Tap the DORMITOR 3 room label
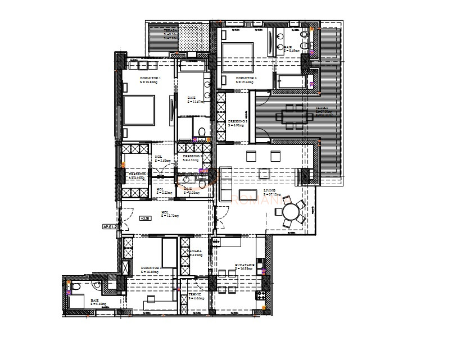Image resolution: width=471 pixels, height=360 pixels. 246,78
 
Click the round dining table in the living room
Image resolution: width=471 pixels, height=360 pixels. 292,212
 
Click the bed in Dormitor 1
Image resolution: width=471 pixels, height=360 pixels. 138,110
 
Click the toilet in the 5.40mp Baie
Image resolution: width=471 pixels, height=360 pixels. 99,285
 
